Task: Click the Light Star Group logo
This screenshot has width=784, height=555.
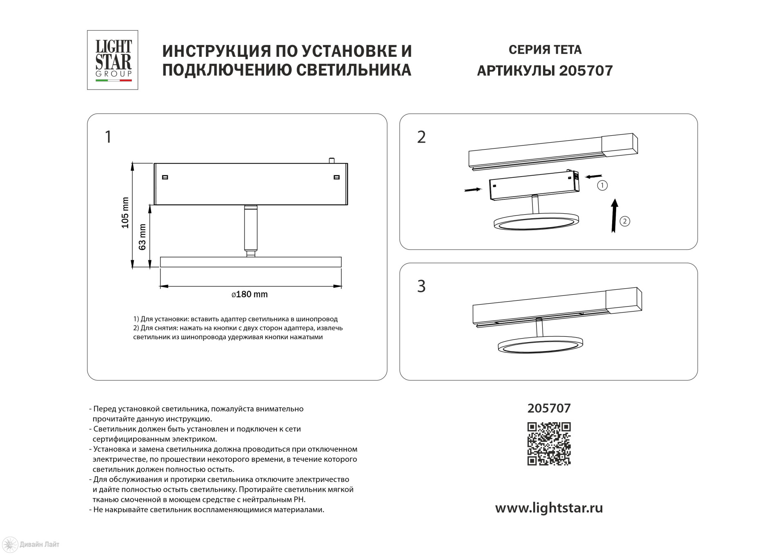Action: (113, 60)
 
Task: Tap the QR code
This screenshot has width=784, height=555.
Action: (549, 444)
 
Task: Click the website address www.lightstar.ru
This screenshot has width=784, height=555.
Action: (549, 508)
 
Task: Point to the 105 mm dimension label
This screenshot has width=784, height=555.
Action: (125, 213)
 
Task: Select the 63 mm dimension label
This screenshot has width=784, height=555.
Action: (142, 237)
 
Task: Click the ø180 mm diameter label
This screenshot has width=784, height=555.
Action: (249, 294)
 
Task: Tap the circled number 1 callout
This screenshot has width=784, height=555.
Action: (602, 186)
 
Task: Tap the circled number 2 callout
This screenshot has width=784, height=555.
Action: (625, 222)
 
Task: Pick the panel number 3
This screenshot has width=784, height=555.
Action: (421, 286)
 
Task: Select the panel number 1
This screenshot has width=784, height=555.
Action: (108, 137)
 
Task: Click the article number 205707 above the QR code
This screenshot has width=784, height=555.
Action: (549, 408)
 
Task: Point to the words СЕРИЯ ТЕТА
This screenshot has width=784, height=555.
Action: (545, 50)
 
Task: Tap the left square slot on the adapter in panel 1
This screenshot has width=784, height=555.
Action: (165, 177)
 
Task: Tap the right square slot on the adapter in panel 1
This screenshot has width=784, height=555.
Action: (336, 177)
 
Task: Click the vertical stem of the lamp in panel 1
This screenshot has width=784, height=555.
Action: (250, 229)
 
